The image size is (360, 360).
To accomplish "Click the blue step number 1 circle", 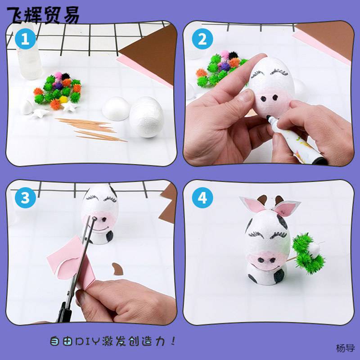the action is tap(25, 39).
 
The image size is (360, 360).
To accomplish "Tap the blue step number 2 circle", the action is tap(202, 39).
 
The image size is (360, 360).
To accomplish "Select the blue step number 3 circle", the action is tap(25, 198).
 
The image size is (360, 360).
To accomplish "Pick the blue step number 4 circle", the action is tap(202, 198).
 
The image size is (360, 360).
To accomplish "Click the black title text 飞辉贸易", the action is tap(43, 15).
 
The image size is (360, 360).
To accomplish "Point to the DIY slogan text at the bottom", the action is tap(113, 341).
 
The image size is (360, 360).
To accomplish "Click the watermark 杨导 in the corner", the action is tap(345, 348).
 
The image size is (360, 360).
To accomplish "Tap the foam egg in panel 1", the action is tap(147, 117).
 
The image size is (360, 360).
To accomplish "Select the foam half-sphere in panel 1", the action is tap(116, 108).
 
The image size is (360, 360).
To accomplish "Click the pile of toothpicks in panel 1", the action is tap(91, 130).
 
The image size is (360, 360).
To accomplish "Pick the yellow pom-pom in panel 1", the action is tap(63, 99).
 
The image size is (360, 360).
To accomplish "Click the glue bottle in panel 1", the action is tap(29, 55).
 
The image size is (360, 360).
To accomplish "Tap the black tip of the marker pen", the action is tap(269, 118).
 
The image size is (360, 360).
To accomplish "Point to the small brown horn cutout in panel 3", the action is tap(117, 269).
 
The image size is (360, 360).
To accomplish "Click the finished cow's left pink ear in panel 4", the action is tap(253, 204).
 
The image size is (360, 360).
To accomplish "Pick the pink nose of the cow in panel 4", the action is tap(266, 260).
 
